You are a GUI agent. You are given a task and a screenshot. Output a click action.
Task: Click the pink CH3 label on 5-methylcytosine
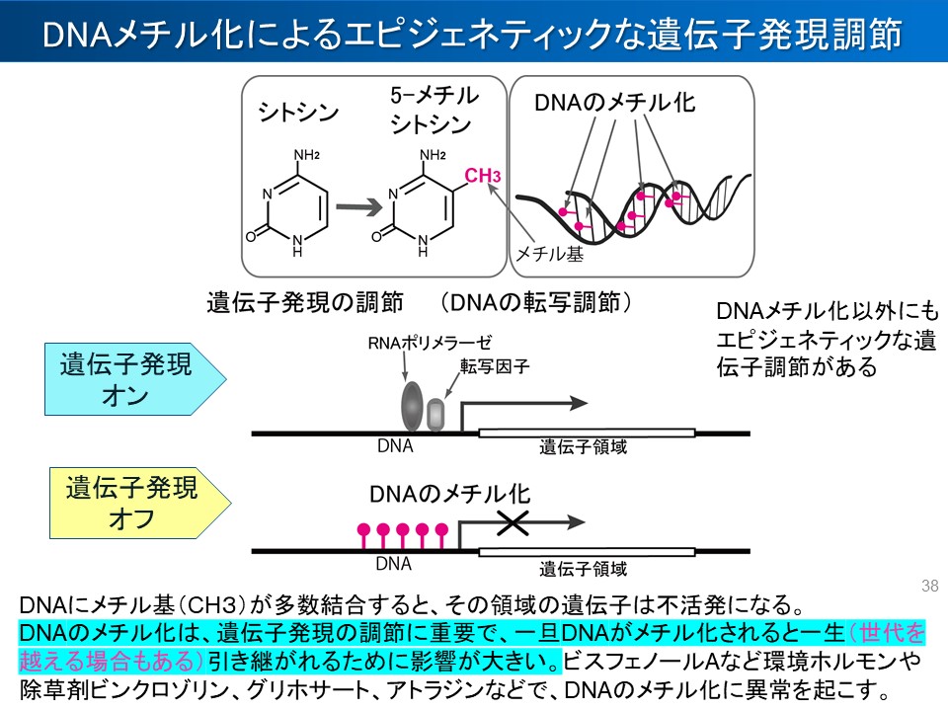click(x=483, y=176)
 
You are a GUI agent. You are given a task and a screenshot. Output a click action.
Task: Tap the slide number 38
click(x=928, y=586)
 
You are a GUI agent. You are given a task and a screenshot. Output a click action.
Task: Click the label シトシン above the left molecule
click(x=298, y=112)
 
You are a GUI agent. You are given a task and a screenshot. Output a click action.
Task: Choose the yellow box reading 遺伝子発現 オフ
click(x=134, y=502)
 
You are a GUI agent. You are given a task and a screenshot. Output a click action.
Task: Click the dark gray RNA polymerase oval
click(x=412, y=406)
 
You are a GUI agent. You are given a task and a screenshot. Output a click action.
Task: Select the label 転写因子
click(x=495, y=366)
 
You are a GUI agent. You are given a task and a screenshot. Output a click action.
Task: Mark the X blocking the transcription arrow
click(x=513, y=523)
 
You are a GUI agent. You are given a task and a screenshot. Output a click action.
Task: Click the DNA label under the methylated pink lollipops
click(x=394, y=566)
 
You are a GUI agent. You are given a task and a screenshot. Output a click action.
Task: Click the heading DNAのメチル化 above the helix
click(x=614, y=102)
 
